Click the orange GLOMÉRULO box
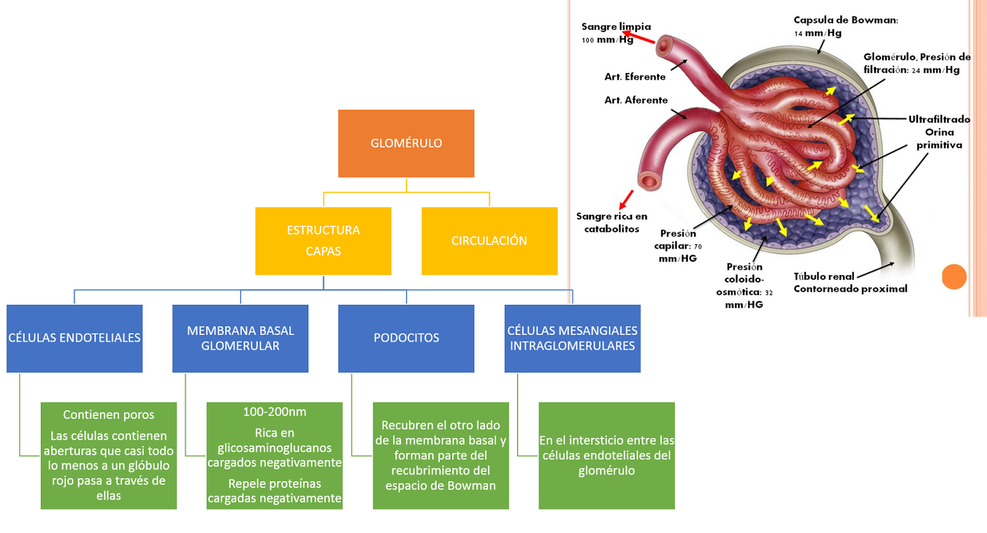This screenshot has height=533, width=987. point(406,143)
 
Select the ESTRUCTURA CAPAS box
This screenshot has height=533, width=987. point(323,241)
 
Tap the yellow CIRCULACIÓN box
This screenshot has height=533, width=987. point(489,241)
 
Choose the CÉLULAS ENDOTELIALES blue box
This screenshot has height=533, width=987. point(75,338)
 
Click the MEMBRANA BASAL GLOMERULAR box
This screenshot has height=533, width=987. point(240,338)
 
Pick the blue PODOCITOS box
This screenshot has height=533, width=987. point(406,338)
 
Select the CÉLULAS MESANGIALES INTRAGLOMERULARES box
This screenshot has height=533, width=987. point(572,338)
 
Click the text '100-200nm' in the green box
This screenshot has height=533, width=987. point(275,411)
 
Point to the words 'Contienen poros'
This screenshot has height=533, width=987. point(109,415)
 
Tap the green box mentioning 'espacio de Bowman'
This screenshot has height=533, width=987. point(440,455)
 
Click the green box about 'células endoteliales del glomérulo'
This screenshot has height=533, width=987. point(606,455)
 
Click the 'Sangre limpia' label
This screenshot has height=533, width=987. point(616,27)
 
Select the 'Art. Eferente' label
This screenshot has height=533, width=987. point(635,76)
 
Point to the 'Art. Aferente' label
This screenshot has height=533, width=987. point(636,100)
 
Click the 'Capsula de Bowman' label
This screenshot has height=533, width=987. point(845,20)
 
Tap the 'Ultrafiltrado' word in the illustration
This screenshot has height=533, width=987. point(939,119)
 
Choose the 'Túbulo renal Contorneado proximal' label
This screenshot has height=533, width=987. point(849,283)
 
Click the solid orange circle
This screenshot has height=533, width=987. point(954,276)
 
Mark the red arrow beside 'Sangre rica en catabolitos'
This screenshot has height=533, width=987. point(626,200)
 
